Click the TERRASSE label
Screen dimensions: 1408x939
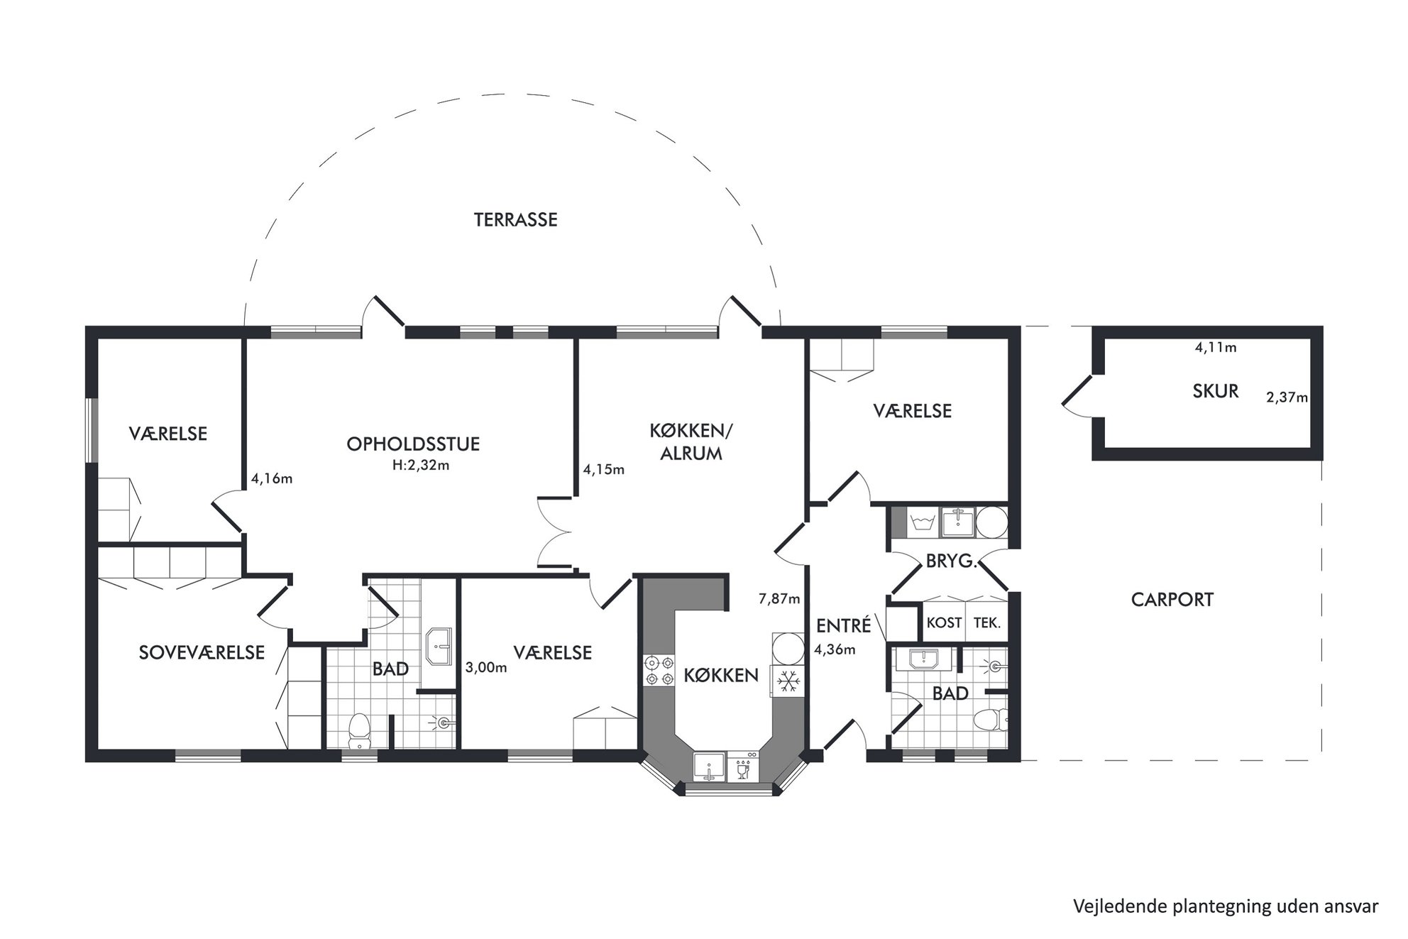click(x=516, y=220)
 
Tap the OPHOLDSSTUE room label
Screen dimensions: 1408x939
click(x=413, y=444)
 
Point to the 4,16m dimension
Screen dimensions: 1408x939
click(x=272, y=479)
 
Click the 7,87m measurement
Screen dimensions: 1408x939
click(x=779, y=599)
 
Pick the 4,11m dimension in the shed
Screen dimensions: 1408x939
click(x=1216, y=348)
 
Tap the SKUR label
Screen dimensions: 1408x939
click(x=1216, y=391)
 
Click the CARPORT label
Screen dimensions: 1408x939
click(x=1172, y=600)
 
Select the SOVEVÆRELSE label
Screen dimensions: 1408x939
click(x=202, y=652)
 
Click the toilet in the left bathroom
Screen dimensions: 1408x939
click(x=360, y=731)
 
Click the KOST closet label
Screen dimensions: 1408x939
click(x=945, y=622)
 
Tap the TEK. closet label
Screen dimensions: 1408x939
click(x=987, y=622)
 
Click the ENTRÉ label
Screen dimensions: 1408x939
click(x=843, y=625)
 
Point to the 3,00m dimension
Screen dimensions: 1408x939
click(x=486, y=668)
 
